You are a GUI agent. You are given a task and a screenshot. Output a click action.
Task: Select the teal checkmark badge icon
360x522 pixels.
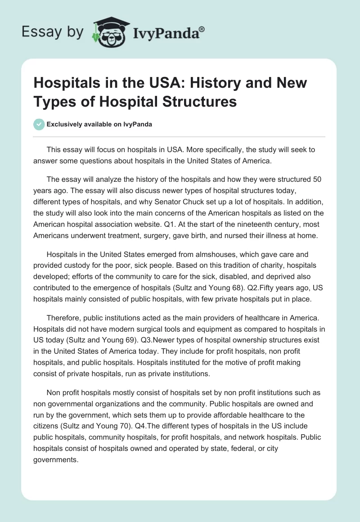pyautogui.click(x=39, y=124)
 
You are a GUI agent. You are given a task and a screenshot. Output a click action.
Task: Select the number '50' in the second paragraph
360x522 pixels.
pyautogui.click(x=317, y=179)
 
